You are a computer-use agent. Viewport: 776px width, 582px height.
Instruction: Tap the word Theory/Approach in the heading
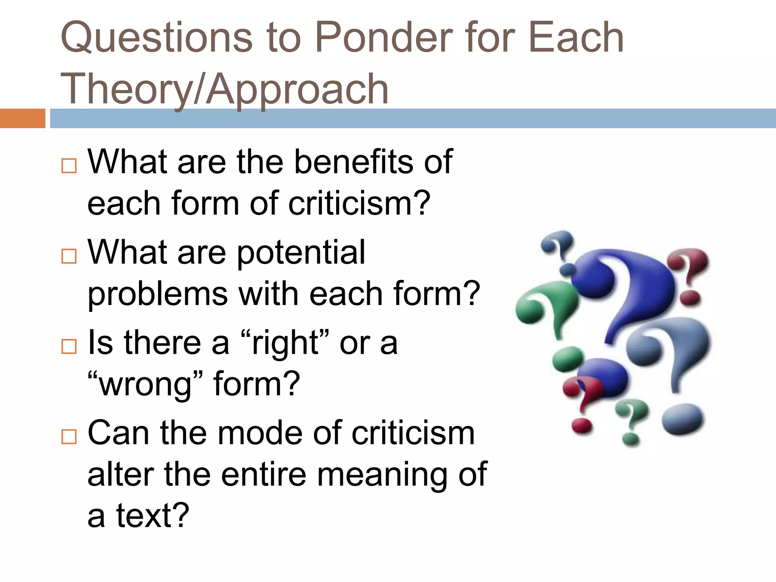224,89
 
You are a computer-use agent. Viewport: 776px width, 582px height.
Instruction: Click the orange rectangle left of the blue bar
22,118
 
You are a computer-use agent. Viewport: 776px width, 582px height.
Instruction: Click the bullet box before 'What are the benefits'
69,166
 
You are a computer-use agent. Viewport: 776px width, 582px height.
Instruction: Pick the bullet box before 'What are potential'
69,256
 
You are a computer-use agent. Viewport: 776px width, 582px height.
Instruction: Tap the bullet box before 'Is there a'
69,346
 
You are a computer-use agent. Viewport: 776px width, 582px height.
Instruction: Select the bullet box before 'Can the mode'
69,436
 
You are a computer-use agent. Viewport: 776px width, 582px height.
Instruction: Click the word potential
301,252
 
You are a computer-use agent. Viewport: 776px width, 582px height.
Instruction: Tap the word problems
158,294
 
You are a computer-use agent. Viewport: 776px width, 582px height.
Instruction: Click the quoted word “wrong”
146,384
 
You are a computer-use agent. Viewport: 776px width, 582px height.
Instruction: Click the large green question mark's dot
567,358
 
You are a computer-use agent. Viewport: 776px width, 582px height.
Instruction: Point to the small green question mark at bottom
631,421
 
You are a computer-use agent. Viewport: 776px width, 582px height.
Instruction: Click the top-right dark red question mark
688,273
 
